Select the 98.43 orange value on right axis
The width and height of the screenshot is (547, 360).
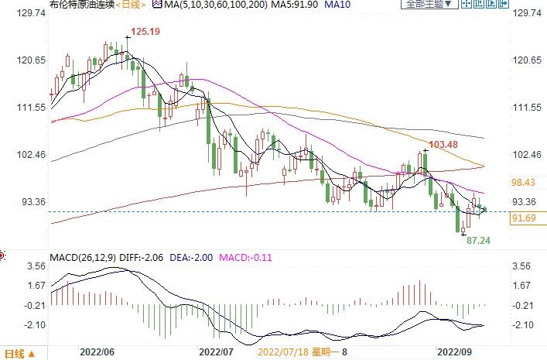click(524, 182)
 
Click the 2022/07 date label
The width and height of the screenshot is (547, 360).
click(217, 351)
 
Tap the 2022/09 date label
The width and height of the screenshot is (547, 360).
click(454, 351)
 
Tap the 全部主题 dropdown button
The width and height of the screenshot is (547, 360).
click(426, 5)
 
